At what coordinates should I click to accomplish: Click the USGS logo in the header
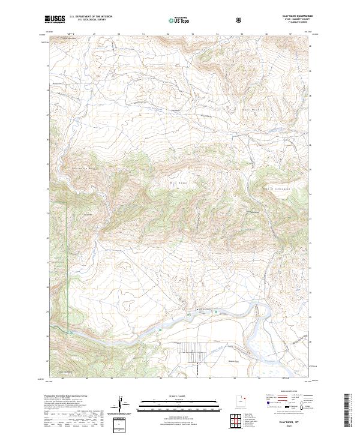tap(55, 20)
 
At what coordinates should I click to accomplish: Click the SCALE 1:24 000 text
tap(180, 397)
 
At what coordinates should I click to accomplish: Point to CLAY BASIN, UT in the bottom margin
tap(288, 423)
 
